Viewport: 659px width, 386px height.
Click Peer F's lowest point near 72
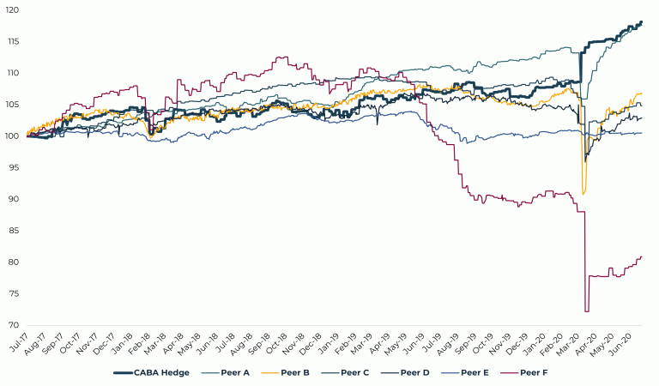[x=587, y=311]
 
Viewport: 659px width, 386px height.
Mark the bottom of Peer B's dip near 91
[x=583, y=194]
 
